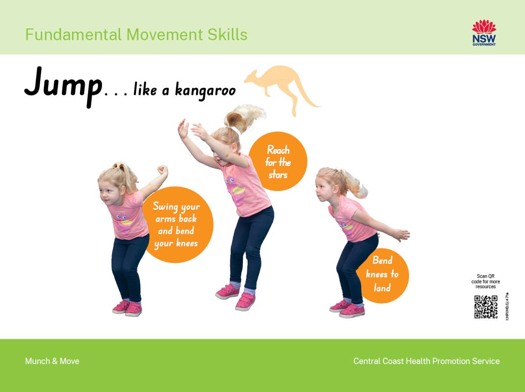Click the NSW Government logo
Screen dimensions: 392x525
point(484,32)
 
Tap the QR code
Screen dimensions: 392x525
point(486,307)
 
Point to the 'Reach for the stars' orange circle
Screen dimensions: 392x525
point(278,161)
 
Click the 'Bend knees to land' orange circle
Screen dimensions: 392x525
point(382,274)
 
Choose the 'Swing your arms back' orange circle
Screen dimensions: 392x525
point(177,225)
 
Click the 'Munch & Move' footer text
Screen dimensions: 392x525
point(52,361)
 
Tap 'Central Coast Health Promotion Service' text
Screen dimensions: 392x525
point(426,361)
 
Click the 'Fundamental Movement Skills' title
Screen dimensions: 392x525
point(136,34)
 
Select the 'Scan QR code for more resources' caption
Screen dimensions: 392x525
point(485,281)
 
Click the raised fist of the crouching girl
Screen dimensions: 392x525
point(162,171)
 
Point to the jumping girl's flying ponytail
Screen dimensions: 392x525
point(246,115)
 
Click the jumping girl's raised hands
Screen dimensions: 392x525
point(190,129)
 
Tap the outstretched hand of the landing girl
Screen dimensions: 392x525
point(401,235)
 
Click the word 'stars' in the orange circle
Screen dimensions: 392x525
point(278,174)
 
